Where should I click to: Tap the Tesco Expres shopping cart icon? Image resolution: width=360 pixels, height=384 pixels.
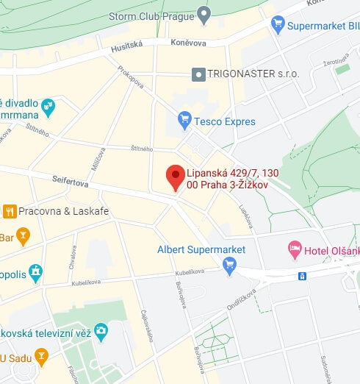point(184,119)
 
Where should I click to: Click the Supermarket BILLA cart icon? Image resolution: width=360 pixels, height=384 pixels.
point(278,26)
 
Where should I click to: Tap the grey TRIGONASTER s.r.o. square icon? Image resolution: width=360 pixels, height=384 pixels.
point(198,74)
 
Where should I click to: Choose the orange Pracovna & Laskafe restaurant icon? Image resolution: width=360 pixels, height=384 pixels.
point(10,212)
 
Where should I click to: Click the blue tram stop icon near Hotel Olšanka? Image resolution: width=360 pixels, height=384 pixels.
point(301,277)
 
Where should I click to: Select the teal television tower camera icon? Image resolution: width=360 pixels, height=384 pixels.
point(101,332)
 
